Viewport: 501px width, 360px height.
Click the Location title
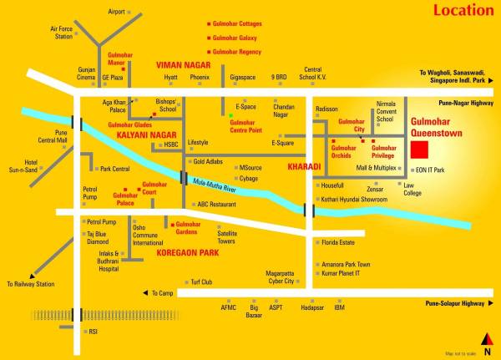[x=463, y=11]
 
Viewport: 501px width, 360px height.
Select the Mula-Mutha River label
[x=214, y=185]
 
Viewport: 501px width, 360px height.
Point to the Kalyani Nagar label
[x=146, y=134]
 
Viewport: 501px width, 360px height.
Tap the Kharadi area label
[x=304, y=167]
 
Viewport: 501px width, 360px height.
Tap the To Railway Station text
[x=30, y=284]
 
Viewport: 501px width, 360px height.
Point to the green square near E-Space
[x=230, y=114]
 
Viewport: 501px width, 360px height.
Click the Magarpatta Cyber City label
[x=280, y=277]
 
